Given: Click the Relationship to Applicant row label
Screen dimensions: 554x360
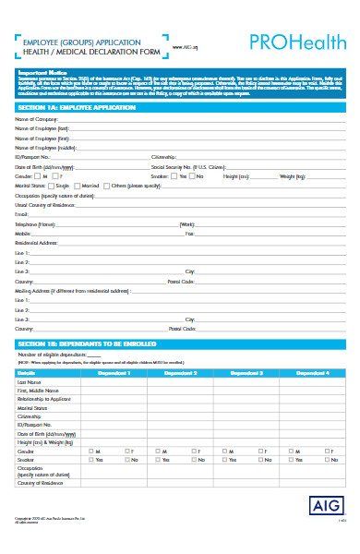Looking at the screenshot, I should click(x=45, y=399).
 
